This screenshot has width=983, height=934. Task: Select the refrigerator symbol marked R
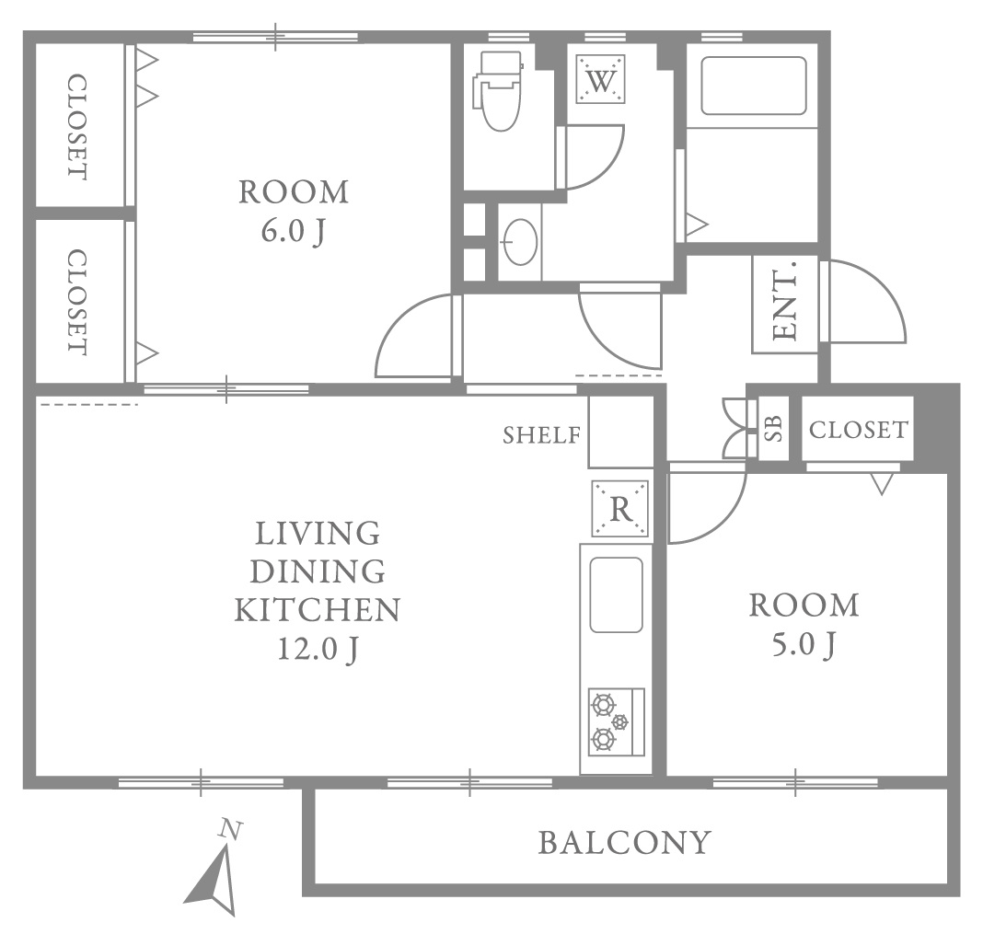[x=620, y=508]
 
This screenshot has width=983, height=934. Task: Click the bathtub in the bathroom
[x=754, y=86]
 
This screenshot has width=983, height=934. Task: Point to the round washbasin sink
[x=520, y=241]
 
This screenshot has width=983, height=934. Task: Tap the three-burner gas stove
[x=617, y=721]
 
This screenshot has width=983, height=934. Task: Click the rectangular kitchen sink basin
[x=617, y=594]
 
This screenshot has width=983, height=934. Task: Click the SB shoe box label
[x=774, y=429]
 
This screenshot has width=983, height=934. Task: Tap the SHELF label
[x=542, y=435]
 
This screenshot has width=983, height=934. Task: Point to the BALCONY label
[x=625, y=843]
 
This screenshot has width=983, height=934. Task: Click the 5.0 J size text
[x=804, y=645]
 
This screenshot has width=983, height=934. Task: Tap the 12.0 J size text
[x=318, y=650]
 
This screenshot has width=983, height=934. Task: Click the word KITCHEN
[x=318, y=610]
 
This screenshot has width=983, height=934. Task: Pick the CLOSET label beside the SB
[x=858, y=430]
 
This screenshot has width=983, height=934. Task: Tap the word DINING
[x=318, y=571]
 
